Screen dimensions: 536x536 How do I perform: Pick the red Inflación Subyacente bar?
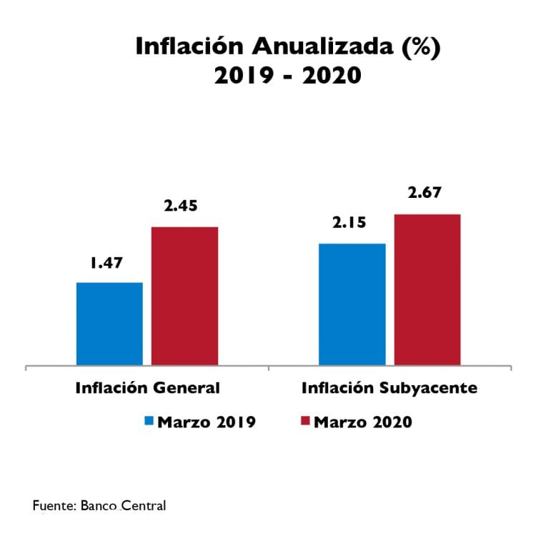427,290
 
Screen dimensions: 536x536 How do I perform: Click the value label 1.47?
106,263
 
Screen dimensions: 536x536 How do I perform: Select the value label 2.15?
349,222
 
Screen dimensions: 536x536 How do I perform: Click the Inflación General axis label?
147,388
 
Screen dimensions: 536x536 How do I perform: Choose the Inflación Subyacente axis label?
389,388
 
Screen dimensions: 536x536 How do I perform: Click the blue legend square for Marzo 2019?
149,421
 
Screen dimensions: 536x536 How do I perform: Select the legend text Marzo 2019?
207,422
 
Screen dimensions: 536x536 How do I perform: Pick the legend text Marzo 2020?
363,422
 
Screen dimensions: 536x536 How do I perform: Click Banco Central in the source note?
124,506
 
